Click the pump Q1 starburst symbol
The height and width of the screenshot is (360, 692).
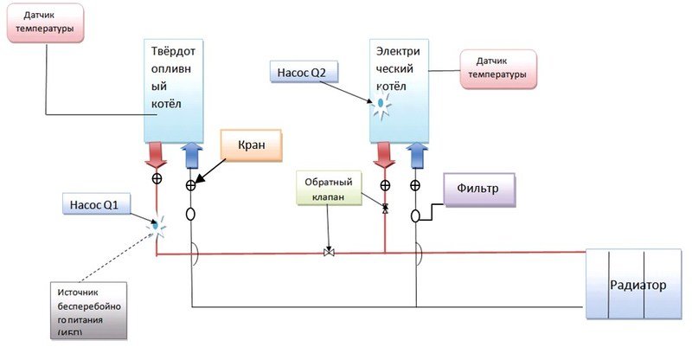(157, 227)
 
